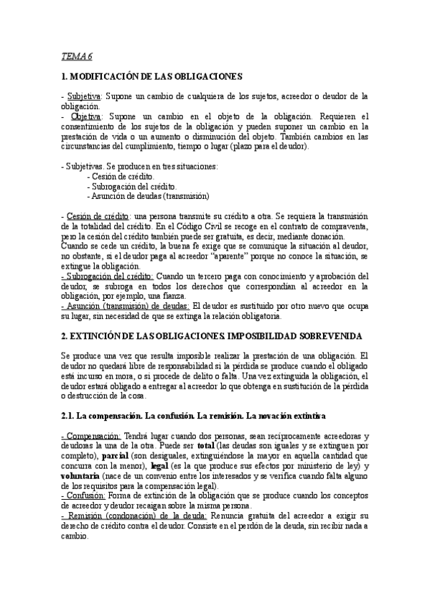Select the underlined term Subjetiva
click(x=84, y=96)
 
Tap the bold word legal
click(x=151, y=466)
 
